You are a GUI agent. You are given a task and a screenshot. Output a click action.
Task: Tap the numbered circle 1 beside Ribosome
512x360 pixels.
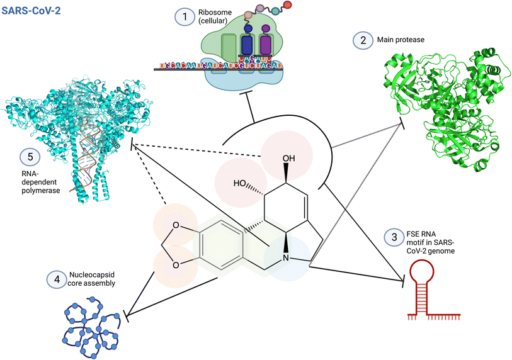click(x=185, y=17)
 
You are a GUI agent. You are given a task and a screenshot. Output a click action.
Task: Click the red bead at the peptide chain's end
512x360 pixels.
click(x=288, y=6)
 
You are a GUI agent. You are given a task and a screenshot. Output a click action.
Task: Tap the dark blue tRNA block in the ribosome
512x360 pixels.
click(x=249, y=48)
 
